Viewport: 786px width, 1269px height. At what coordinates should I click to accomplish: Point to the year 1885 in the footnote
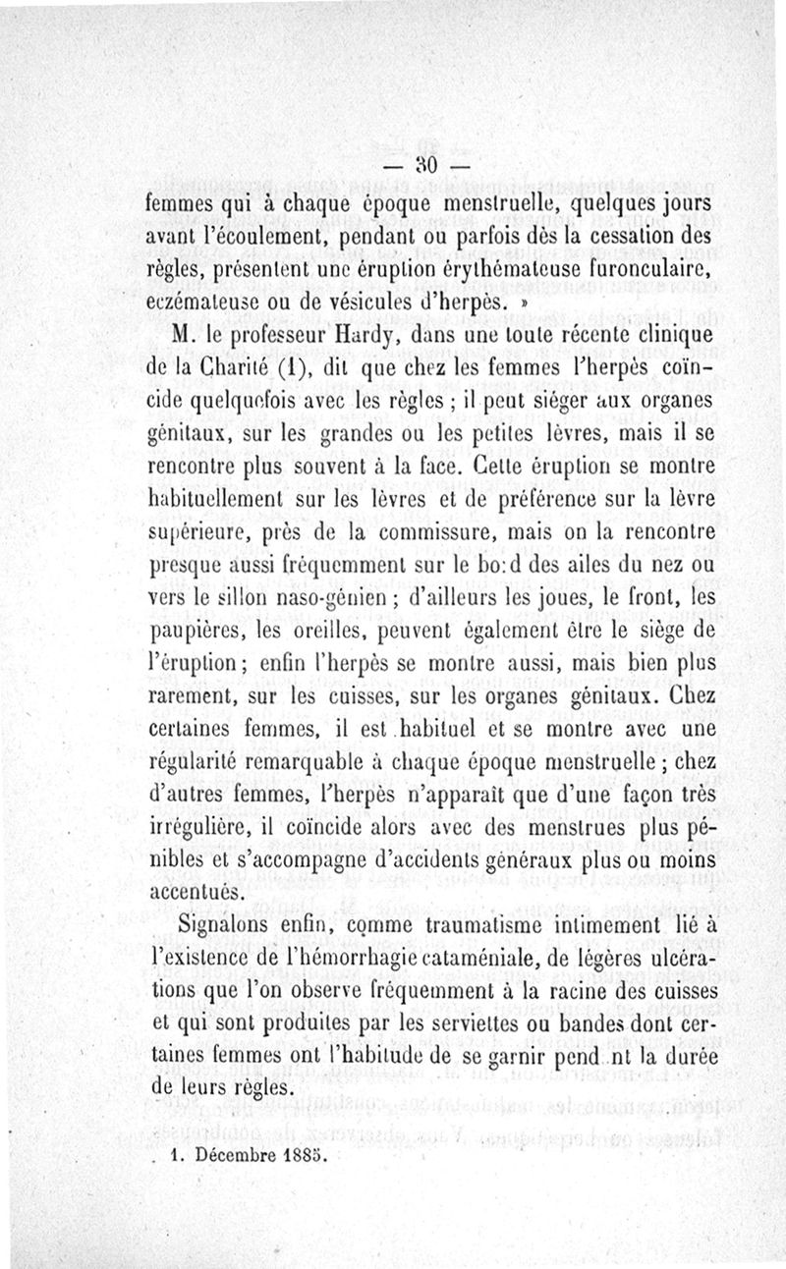[304, 1155]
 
